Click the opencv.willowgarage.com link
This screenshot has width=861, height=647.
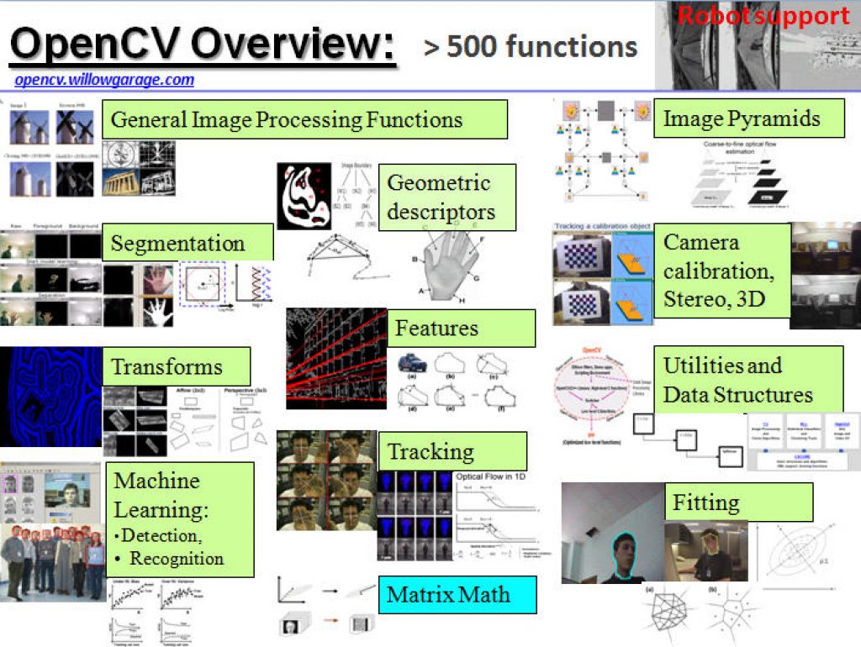(104, 81)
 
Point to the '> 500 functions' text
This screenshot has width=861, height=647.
(531, 47)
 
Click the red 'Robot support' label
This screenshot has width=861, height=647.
(763, 16)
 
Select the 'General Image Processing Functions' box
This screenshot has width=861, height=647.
(304, 119)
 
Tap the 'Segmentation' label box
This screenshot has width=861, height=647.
(188, 243)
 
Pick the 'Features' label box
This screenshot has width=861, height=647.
(460, 328)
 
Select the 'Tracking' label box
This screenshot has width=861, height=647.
(452, 452)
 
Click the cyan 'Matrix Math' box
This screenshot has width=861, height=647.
(457, 594)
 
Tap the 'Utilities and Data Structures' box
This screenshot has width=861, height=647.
(747, 380)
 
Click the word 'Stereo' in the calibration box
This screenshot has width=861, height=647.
(693, 298)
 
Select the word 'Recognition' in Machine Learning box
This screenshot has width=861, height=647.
(177, 559)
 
